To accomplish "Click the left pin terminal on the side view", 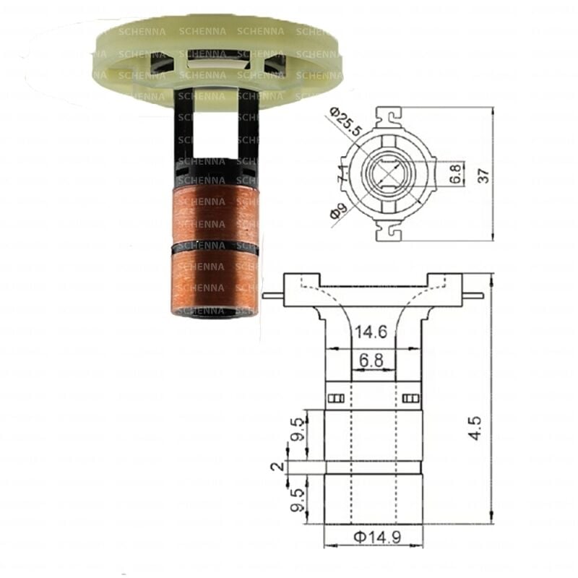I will (x=273, y=294).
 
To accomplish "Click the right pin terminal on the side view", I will (x=471, y=294).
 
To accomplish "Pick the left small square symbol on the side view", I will (x=334, y=397).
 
